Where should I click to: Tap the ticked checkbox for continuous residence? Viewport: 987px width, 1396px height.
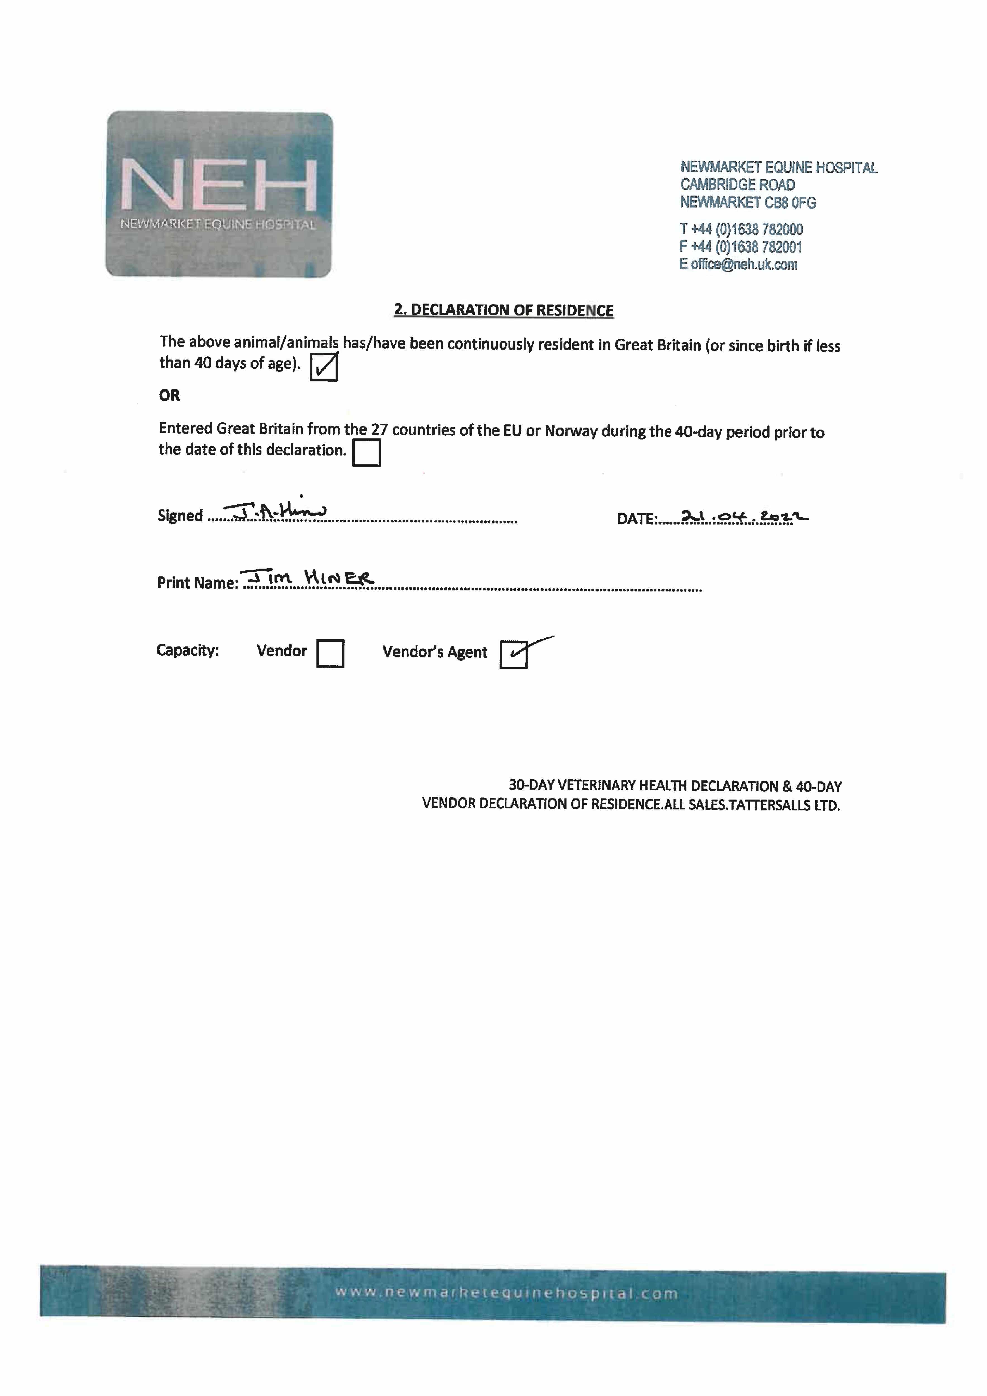point(324,367)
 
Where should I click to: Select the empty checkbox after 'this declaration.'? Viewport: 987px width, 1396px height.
point(366,452)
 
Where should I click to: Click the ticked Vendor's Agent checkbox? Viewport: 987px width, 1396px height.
point(513,654)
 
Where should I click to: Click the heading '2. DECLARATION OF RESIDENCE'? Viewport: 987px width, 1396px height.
point(503,310)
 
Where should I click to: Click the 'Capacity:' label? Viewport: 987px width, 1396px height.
point(187,650)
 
